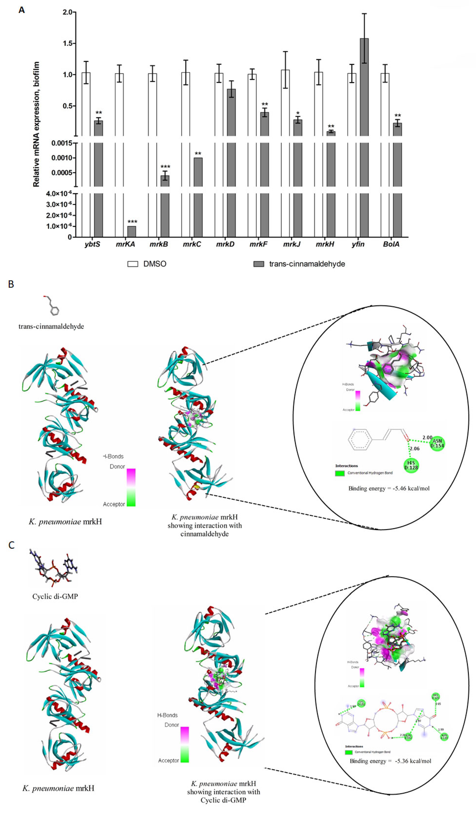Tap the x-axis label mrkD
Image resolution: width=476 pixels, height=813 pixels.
coord(225,244)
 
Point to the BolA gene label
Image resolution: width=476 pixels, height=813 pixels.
coord(391,244)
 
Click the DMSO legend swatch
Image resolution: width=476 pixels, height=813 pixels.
coord(133,264)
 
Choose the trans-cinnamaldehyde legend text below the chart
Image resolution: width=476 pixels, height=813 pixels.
coord(307,264)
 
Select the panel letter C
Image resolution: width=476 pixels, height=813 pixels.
coord(11,545)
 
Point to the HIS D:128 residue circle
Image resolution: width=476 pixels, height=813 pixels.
coord(411,465)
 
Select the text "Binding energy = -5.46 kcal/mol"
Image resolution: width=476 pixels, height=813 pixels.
coord(389,488)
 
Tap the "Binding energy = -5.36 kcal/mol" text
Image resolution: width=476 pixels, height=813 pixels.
coord(390,761)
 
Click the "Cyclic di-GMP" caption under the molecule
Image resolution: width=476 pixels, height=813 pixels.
coord(55,596)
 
